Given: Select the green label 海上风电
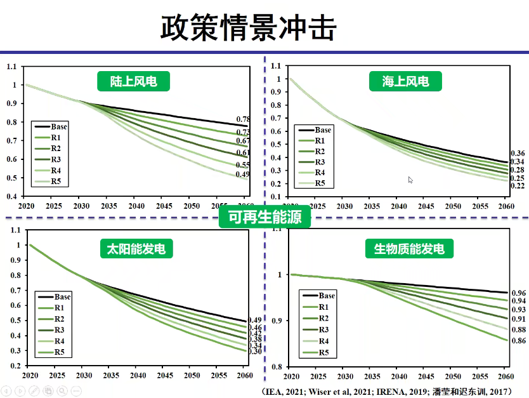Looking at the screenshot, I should [405, 81].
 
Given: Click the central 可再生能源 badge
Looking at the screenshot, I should [264, 218].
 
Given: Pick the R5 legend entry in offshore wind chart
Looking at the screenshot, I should [320, 183].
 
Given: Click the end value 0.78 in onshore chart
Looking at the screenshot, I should [243, 119].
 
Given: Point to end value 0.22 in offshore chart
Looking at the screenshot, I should [518, 185].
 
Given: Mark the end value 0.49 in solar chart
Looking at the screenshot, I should [255, 320].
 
